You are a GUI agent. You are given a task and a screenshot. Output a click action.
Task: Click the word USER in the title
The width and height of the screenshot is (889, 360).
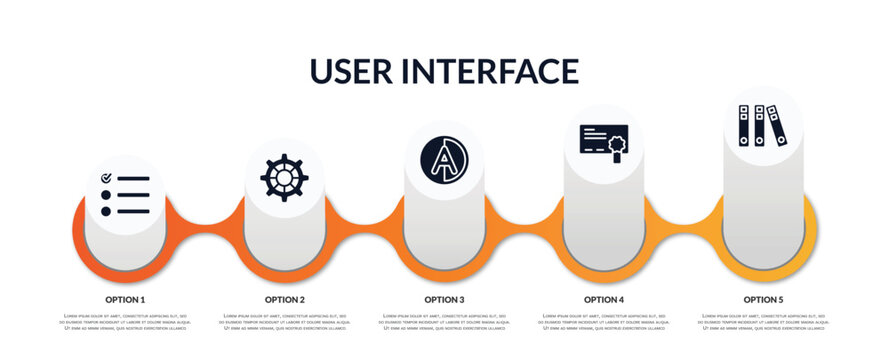coord(353,71)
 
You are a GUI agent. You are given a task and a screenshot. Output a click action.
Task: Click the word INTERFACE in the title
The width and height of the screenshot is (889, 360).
coord(490,71)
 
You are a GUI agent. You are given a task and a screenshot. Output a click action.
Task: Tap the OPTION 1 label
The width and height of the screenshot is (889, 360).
coord(125,299)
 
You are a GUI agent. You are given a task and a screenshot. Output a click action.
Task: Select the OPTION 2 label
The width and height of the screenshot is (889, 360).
coord(285,299)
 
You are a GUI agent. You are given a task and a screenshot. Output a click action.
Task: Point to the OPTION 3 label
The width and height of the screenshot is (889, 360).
coord(444,299)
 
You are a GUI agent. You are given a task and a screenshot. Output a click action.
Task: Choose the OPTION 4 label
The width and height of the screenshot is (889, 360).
coord(604,299)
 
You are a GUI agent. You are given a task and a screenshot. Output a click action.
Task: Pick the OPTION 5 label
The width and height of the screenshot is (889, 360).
coord(763,299)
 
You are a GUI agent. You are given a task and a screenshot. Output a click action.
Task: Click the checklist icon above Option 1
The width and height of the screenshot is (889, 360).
coord(125,194)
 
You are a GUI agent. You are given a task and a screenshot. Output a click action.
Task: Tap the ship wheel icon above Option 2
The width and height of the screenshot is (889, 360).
coord(284,177)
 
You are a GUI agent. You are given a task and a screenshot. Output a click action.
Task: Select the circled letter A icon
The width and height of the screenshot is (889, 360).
coord(444,161)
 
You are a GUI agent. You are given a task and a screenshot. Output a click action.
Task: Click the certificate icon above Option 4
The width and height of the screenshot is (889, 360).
coord(604,144)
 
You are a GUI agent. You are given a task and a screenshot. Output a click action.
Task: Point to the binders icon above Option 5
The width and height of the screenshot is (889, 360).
coord(763,126)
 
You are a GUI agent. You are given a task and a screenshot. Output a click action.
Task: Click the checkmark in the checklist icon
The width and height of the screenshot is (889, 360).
coord(106,178)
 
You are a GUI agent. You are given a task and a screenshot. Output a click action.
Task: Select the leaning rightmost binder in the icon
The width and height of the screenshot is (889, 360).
coord(777,126)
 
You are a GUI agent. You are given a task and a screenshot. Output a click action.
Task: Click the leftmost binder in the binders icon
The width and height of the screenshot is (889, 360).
coord(745,126)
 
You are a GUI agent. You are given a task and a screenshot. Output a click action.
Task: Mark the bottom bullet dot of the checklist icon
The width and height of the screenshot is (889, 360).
coord(106,211)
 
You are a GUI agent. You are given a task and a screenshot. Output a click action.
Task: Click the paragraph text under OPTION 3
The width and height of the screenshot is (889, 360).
coord(444,322)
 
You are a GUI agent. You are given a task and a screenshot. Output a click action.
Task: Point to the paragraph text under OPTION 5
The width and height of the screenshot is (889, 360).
coord(763,322)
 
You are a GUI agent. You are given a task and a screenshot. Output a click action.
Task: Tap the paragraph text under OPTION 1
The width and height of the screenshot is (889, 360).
coord(125,322)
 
